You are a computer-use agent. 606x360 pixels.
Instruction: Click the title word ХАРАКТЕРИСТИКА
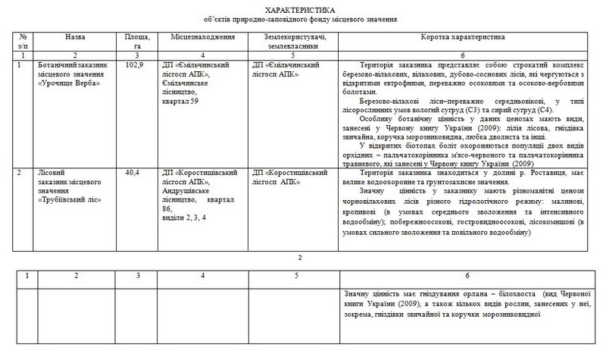coord(303,8)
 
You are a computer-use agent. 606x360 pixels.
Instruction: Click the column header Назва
coord(75,36)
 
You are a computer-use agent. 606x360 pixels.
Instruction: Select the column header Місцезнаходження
coord(195,36)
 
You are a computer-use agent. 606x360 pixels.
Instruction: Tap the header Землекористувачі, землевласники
coord(288,40)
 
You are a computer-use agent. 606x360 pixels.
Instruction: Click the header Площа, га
coord(136,40)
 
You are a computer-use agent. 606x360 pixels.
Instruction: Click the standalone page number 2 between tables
coord(301,258)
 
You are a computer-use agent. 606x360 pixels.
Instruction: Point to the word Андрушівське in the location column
coord(187,190)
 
